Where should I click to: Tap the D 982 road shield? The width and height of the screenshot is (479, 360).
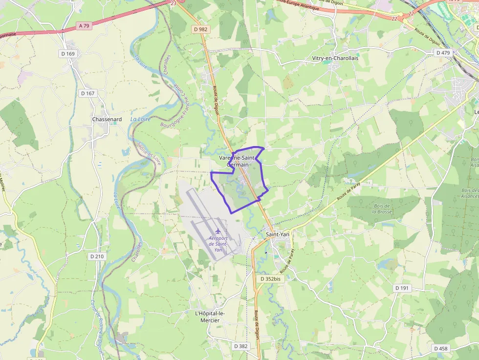(200, 30)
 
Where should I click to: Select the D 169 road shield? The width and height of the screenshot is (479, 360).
(68, 53)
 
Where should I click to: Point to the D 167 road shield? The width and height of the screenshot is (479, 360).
(87, 93)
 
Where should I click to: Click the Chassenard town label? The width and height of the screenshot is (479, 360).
(107, 119)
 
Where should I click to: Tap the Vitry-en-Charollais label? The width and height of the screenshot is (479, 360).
(335, 58)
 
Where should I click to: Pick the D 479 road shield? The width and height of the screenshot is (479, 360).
(443, 53)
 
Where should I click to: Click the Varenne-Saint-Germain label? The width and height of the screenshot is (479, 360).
(239, 162)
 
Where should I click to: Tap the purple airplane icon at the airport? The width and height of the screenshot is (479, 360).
(218, 231)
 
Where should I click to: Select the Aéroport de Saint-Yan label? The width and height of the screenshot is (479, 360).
(218, 243)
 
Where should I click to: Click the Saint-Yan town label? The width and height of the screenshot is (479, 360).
(278, 234)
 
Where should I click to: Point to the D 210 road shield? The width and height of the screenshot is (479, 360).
(97, 256)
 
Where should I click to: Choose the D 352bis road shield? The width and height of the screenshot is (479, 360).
(270, 279)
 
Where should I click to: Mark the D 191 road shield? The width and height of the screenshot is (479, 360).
(401, 288)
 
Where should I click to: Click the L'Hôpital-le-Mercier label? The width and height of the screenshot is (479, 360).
(207, 317)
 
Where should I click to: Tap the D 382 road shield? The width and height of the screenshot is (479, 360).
(240, 346)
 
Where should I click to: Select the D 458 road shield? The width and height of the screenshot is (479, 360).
(440, 348)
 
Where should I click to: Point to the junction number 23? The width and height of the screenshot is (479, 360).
(174, 3)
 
